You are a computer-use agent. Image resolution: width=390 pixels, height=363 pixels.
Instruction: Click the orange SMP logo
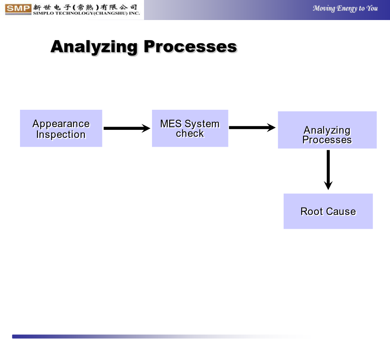pos(18,9)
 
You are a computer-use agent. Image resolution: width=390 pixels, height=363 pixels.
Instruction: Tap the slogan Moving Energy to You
pos(345,8)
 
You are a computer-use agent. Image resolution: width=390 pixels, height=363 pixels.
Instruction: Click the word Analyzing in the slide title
pos(94,47)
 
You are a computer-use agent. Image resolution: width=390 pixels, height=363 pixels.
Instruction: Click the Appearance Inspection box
pos(61,128)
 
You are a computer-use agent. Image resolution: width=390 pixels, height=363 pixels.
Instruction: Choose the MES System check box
pos(190,128)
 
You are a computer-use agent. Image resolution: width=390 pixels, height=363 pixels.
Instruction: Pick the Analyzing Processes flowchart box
pos(327,130)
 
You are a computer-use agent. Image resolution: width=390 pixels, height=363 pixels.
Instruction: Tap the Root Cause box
pos(328,211)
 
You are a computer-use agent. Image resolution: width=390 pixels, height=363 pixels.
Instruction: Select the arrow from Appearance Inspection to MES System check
pos(127,128)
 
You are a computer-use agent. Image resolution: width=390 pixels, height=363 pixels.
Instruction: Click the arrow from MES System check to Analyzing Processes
pos(252,127)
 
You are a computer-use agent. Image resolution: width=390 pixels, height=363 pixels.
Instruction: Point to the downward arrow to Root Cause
pos(328,170)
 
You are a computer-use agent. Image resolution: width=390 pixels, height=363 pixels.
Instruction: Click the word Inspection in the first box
pos(61,135)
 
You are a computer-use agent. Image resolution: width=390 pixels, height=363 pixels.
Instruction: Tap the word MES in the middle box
pos(171,123)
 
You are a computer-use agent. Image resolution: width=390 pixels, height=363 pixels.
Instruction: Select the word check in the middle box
pos(190,133)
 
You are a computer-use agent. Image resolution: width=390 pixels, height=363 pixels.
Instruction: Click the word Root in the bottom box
pos(312,212)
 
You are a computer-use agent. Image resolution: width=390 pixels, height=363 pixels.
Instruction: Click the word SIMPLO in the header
pos(44,13)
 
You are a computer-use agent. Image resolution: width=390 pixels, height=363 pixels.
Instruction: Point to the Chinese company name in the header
pos(85,8)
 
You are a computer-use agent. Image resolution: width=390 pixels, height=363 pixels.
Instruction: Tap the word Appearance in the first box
pos(61,124)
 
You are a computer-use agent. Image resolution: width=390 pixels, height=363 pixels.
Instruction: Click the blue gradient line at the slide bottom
pos(159,337)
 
